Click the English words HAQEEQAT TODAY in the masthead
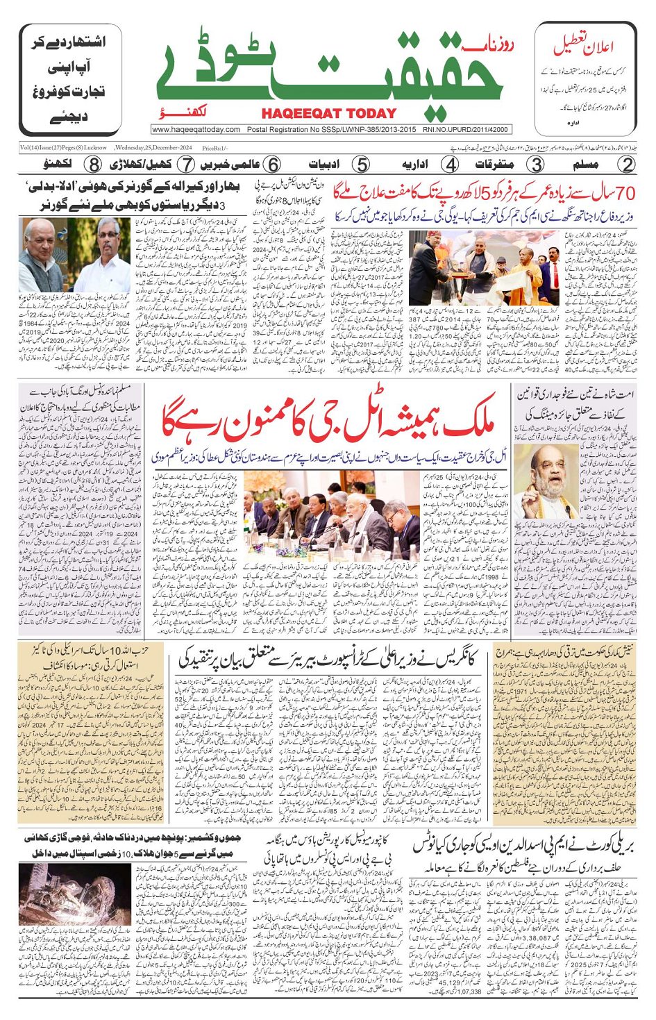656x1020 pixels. tap(328, 114)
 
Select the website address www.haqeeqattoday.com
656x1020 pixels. tap(196, 129)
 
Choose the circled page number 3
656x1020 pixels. tap(536, 165)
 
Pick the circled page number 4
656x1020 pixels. tap(451, 165)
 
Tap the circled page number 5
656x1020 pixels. tap(361, 165)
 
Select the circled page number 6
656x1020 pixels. tap(273, 165)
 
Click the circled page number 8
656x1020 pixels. tap(94, 165)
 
